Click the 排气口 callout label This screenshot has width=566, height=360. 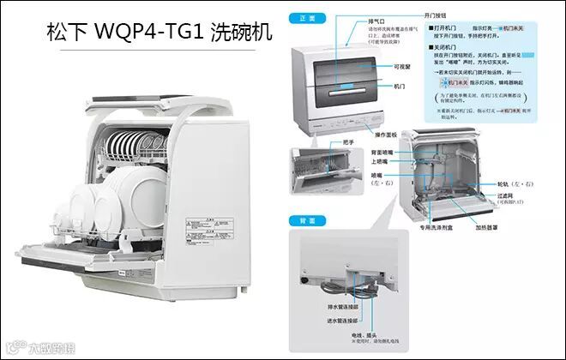click(351, 20)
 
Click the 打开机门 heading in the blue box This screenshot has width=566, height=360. click(448, 30)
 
